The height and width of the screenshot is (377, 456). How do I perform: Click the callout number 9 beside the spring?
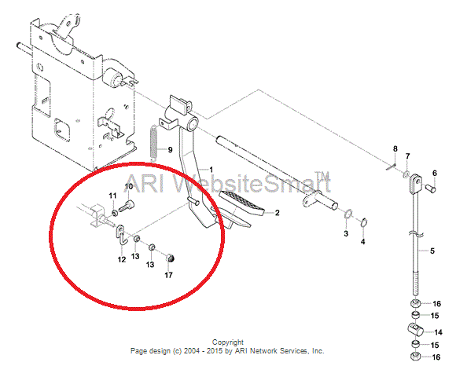click(x=170, y=150)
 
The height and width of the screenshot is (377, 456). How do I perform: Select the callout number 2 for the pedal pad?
click(x=278, y=213)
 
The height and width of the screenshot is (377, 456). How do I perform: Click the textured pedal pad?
click(x=241, y=203)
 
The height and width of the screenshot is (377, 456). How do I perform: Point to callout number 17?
click(x=169, y=275)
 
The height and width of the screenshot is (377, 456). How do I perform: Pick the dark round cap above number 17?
click(x=171, y=258)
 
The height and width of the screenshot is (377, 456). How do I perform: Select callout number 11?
click(x=113, y=196)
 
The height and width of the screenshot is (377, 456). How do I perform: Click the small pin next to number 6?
click(x=431, y=188)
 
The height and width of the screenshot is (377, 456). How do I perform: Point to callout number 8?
click(x=395, y=149)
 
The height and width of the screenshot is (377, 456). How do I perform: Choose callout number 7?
click(x=407, y=156)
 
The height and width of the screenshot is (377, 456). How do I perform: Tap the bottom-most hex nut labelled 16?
click(x=415, y=356)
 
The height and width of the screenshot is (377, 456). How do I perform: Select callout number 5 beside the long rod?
click(x=432, y=251)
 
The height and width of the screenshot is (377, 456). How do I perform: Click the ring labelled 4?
click(x=364, y=222)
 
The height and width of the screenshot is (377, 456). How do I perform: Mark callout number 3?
click(x=346, y=233)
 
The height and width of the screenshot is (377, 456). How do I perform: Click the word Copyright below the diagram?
click(x=228, y=342)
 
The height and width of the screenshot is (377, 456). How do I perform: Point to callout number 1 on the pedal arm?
click(x=211, y=170)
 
